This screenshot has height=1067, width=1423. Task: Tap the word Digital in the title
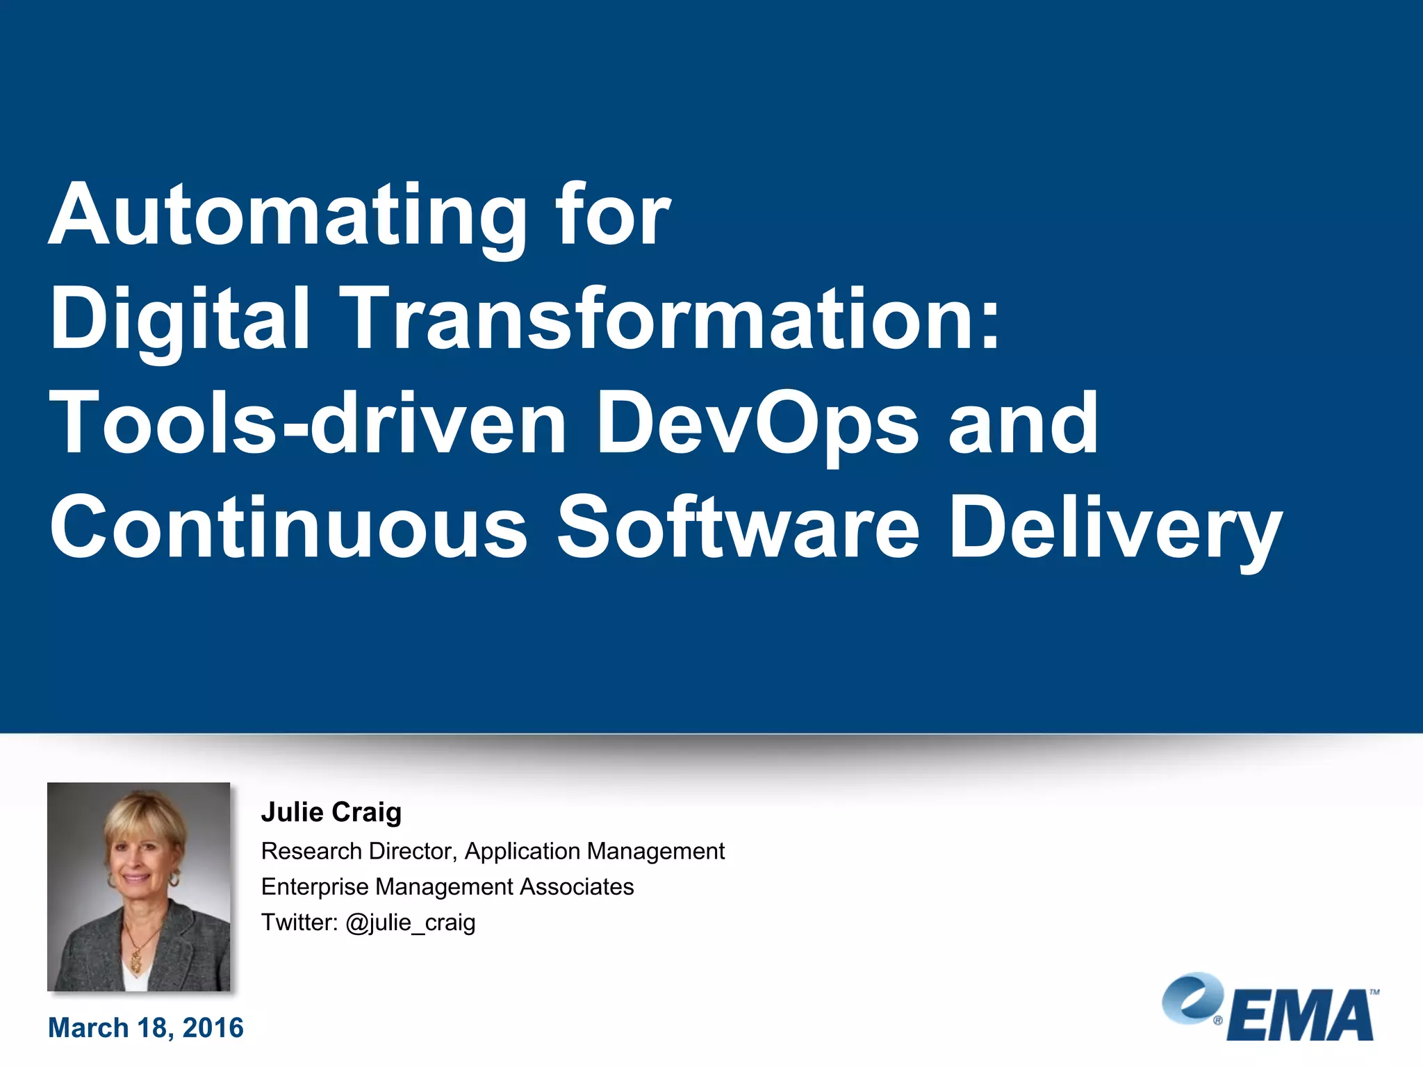pos(179,320)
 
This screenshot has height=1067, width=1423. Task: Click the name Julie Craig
pos(331,812)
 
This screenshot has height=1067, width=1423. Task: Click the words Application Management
pos(595,851)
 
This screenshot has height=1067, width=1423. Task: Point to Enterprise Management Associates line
pos(447,887)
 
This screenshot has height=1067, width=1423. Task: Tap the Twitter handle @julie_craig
pos(410,923)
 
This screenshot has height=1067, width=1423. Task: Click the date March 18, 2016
pos(146,1028)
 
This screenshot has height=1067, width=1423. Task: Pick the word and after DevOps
pos(1023,424)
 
